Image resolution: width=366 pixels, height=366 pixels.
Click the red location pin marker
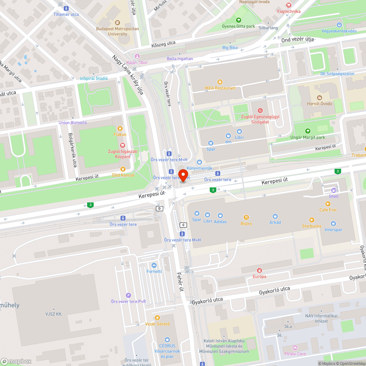tap(183, 175)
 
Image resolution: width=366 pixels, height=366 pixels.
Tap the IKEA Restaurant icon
tap(220, 82)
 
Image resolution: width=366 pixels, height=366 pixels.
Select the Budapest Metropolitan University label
tap(117, 31)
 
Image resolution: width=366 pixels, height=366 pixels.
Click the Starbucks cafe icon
tap(311, 220)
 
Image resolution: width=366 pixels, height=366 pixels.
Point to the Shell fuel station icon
tap(333, 190)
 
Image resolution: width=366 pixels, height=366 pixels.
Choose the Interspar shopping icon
tap(333, 224)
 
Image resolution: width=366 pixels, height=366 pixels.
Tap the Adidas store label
tap(220, 221)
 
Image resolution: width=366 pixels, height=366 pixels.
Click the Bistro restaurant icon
tap(246, 217)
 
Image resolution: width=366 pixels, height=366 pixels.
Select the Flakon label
tap(120, 135)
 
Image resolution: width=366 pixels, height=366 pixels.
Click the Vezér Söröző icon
tap(157, 318)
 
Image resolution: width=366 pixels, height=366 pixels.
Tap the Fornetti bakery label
tap(154, 271)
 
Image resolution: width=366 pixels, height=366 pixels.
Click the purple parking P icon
tap(128, 295)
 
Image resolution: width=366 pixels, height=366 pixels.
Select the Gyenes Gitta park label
tap(238, 26)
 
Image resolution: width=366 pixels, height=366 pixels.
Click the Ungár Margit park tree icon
tap(307, 131)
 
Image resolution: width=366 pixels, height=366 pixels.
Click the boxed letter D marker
tap(159, 209)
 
